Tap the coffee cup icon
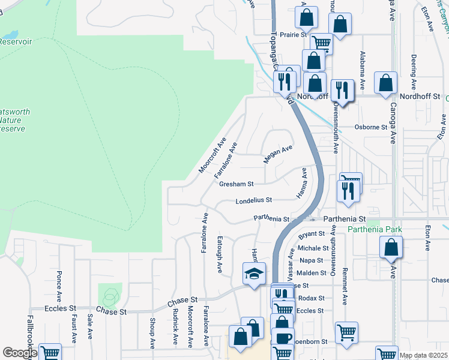pos(283,338)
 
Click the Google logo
pos(20,353)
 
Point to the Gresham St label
pos(237,184)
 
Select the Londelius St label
pos(254,200)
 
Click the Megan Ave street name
pos(278,154)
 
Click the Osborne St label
pos(371,127)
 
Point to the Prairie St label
pos(293,35)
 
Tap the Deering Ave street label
pos(414,70)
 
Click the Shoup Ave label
pos(152,332)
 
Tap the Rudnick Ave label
pos(175,327)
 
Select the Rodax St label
pos(311,298)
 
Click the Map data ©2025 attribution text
pos(423,355)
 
